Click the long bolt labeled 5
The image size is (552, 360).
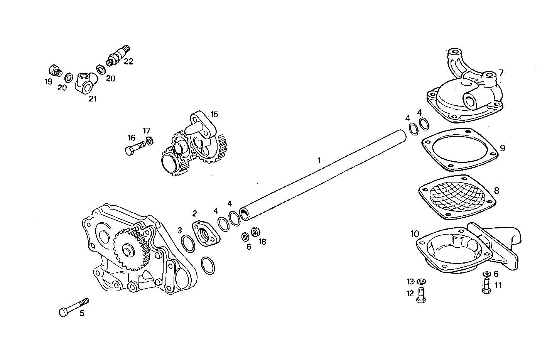(73, 306)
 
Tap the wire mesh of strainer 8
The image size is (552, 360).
(457, 197)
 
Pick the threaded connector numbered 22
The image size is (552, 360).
(119, 56)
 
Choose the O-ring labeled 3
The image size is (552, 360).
(187, 243)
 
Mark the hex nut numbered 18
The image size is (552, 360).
(254, 232)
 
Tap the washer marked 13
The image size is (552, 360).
(421, 281)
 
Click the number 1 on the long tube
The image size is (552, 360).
(319, 160)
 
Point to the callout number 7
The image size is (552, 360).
(501, 73)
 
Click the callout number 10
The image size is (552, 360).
(415, 234)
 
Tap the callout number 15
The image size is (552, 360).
(214, 114)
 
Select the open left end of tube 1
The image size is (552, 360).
(245, 213)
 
